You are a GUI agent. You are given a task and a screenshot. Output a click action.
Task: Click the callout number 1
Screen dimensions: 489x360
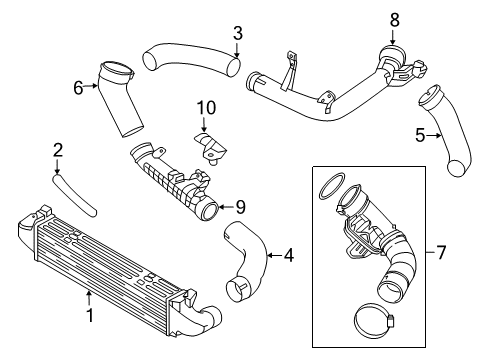pos(90,315)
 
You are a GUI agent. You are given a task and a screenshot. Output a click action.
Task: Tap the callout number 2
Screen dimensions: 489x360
pos(58,150)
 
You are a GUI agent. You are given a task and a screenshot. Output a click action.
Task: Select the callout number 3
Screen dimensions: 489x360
pos(237,33)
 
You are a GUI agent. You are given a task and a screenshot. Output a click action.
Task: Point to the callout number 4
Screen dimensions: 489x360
pos(289,255)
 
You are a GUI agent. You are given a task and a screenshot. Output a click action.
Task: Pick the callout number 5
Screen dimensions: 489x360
pos(420,135)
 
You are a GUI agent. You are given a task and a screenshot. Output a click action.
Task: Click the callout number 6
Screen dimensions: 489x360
pos(78,88)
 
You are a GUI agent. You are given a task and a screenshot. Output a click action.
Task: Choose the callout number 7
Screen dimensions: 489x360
pos(441,252)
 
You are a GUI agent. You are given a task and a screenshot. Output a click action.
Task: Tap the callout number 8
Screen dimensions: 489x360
pos(394,20)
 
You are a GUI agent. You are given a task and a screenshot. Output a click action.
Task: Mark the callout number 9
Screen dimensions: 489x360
pos(240,207)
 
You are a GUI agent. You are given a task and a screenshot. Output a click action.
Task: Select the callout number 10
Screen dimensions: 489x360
pos(206,108)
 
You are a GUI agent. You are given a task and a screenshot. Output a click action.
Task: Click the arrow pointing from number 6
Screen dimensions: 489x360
pos(90,86)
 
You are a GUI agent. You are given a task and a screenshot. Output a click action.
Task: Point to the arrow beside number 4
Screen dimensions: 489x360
pos(275,256)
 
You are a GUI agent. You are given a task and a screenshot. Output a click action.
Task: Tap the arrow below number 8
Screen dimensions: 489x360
pos(393,37)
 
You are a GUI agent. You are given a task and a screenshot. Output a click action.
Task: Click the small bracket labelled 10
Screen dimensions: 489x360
pos(210,147)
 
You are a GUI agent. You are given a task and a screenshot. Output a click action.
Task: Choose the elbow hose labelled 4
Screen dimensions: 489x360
pos(247,260)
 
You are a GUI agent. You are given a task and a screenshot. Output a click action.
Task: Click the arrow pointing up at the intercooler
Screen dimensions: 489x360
pos(89,299)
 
